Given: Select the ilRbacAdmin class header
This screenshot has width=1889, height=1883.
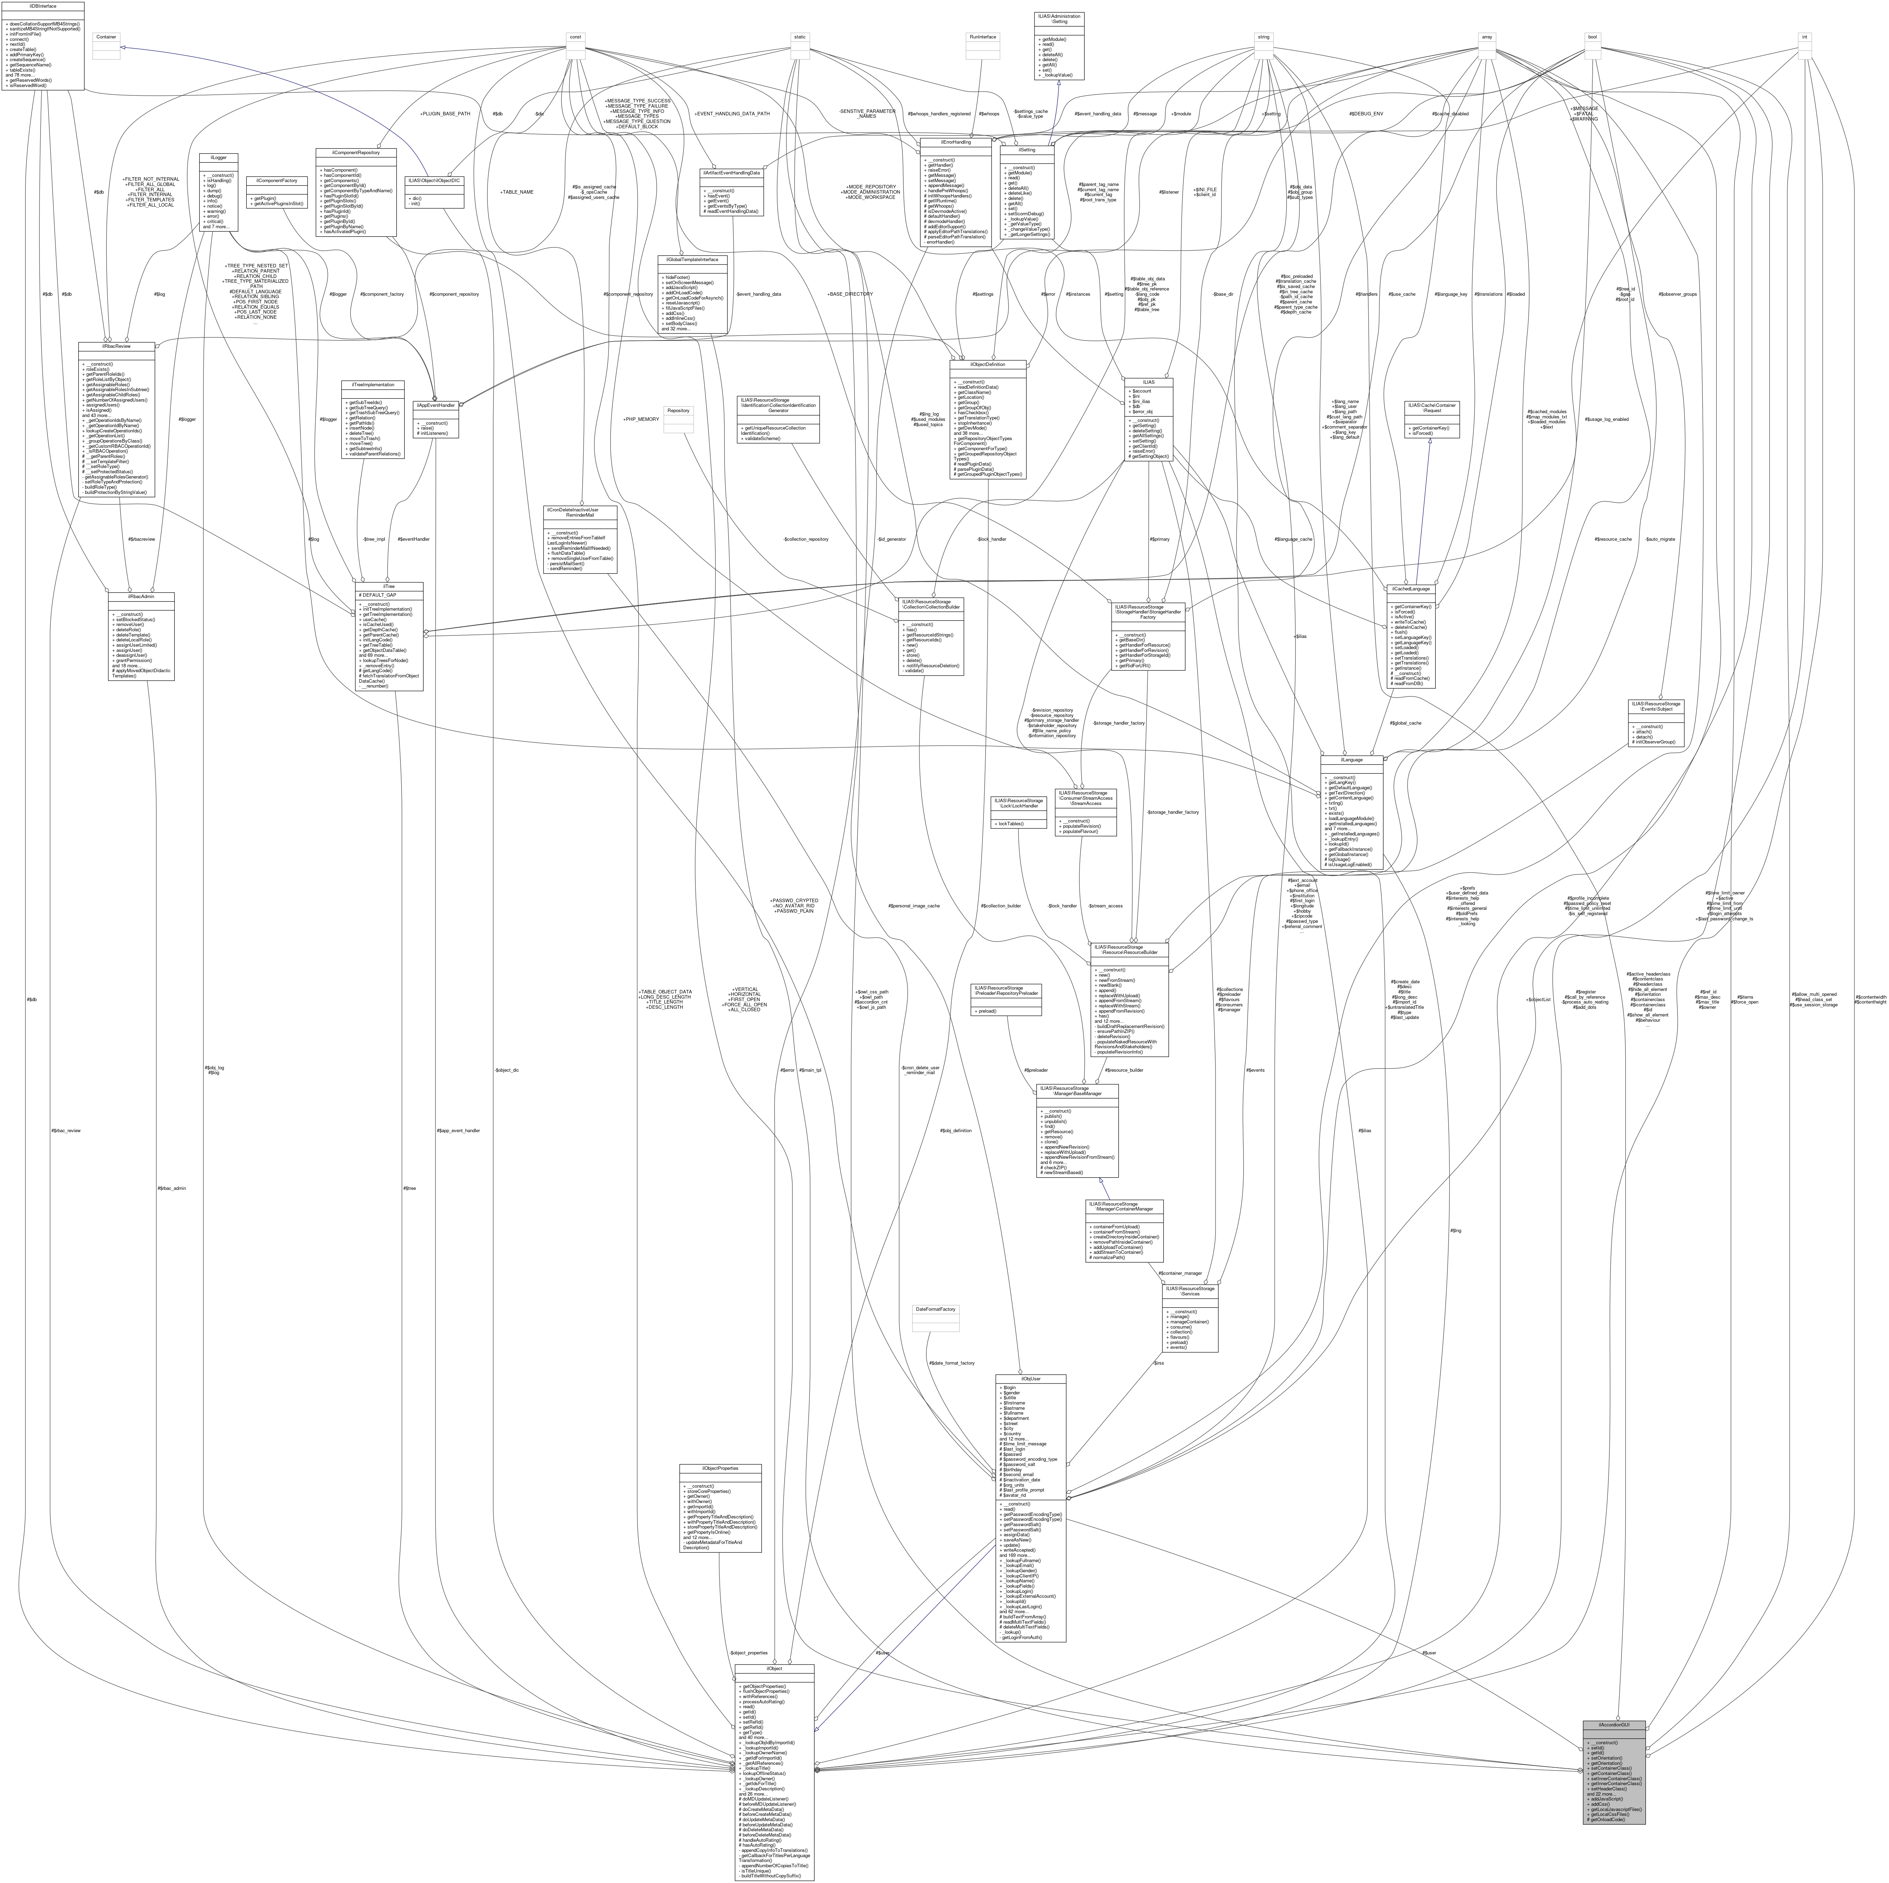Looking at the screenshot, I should point(142,595).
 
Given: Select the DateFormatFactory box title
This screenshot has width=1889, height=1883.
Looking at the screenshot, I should point(935,1308).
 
